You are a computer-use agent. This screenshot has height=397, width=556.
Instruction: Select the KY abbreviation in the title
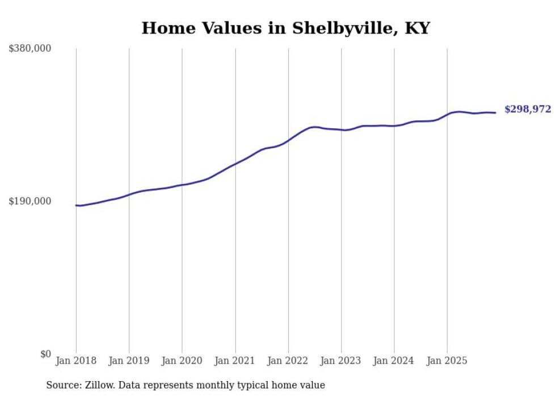point(418,28)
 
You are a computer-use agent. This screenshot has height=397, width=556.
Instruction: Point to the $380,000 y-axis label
point(30,48)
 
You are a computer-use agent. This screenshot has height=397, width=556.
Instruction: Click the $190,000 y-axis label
point(30,201)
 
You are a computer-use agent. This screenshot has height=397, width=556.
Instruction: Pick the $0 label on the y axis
point(45,354)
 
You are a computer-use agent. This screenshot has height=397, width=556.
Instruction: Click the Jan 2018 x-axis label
point(76,361)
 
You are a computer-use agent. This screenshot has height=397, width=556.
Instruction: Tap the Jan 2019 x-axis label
point(129,361)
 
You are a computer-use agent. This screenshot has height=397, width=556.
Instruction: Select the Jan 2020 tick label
point(182,361)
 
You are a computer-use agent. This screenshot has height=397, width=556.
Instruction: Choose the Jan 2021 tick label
point(235,361)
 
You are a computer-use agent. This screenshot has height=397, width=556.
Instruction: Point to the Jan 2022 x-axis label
point(288,361)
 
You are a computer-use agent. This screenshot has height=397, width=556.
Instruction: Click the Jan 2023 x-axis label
point(341,361)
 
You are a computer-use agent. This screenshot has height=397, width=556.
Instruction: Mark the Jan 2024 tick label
point(394,361)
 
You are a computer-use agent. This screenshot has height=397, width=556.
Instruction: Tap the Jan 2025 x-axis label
point(447,361)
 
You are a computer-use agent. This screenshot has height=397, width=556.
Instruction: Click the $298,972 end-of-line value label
point(527,110)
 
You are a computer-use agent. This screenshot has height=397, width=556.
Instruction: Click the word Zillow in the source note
point(99,386)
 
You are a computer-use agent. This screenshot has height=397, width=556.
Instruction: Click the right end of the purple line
point(495,112)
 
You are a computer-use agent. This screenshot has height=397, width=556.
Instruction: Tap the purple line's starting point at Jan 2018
point(76,205)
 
